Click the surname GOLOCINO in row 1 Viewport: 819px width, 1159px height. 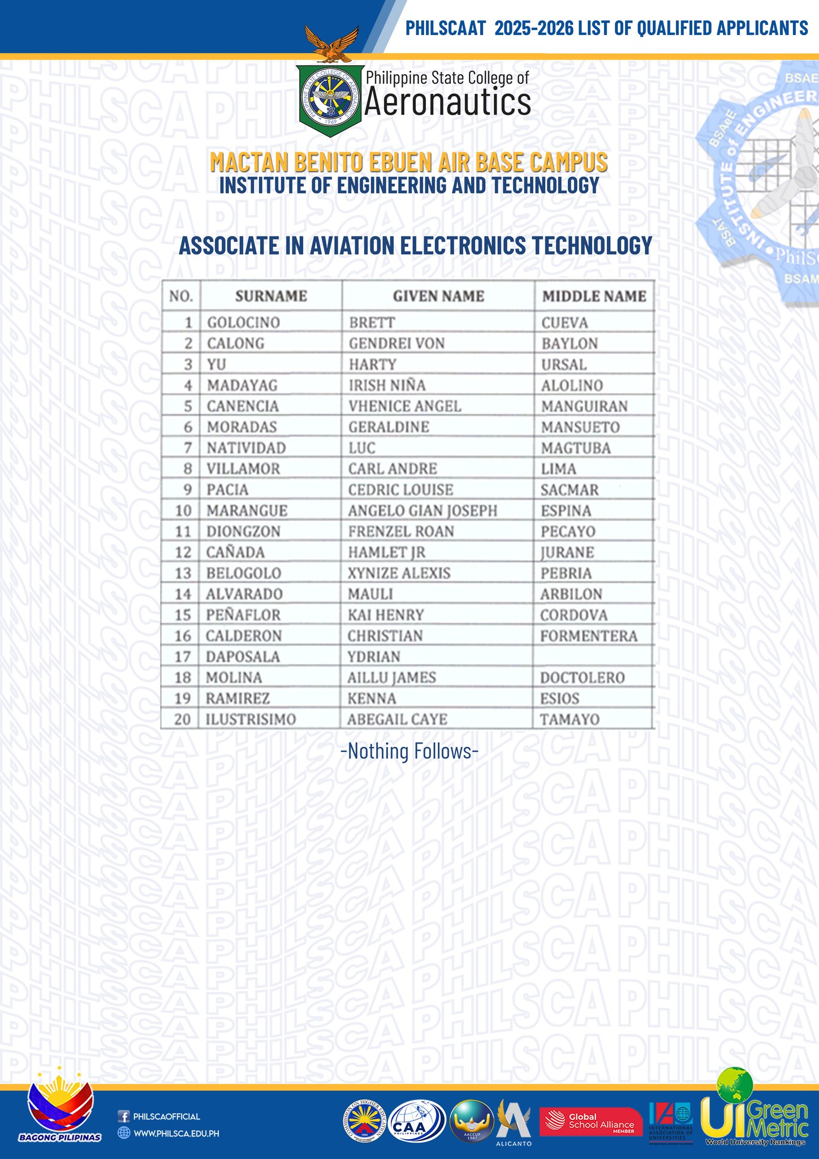[243, 323]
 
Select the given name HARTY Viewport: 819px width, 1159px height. [372, 364]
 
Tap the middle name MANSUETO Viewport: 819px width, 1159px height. [580, 427]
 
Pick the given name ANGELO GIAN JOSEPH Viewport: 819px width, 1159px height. [423, 510]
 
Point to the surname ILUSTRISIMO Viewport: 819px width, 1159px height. [251, 719]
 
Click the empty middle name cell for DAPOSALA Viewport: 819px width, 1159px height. [593, 656]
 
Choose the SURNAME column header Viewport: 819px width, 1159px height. [271, 296]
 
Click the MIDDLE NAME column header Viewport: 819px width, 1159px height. [594, 296]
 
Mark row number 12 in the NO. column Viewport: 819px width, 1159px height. [183, 552]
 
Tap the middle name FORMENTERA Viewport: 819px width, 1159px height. [588, 636]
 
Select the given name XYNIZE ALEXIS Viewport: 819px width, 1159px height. [399, 573]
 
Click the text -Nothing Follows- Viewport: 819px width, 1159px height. [409, 751]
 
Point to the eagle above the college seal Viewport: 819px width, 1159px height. [331, 43]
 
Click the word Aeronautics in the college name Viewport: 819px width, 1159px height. [447, 103]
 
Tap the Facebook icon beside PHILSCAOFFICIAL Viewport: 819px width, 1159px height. [123, 1117]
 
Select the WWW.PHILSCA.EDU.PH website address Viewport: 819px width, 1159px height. [176, 1134]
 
